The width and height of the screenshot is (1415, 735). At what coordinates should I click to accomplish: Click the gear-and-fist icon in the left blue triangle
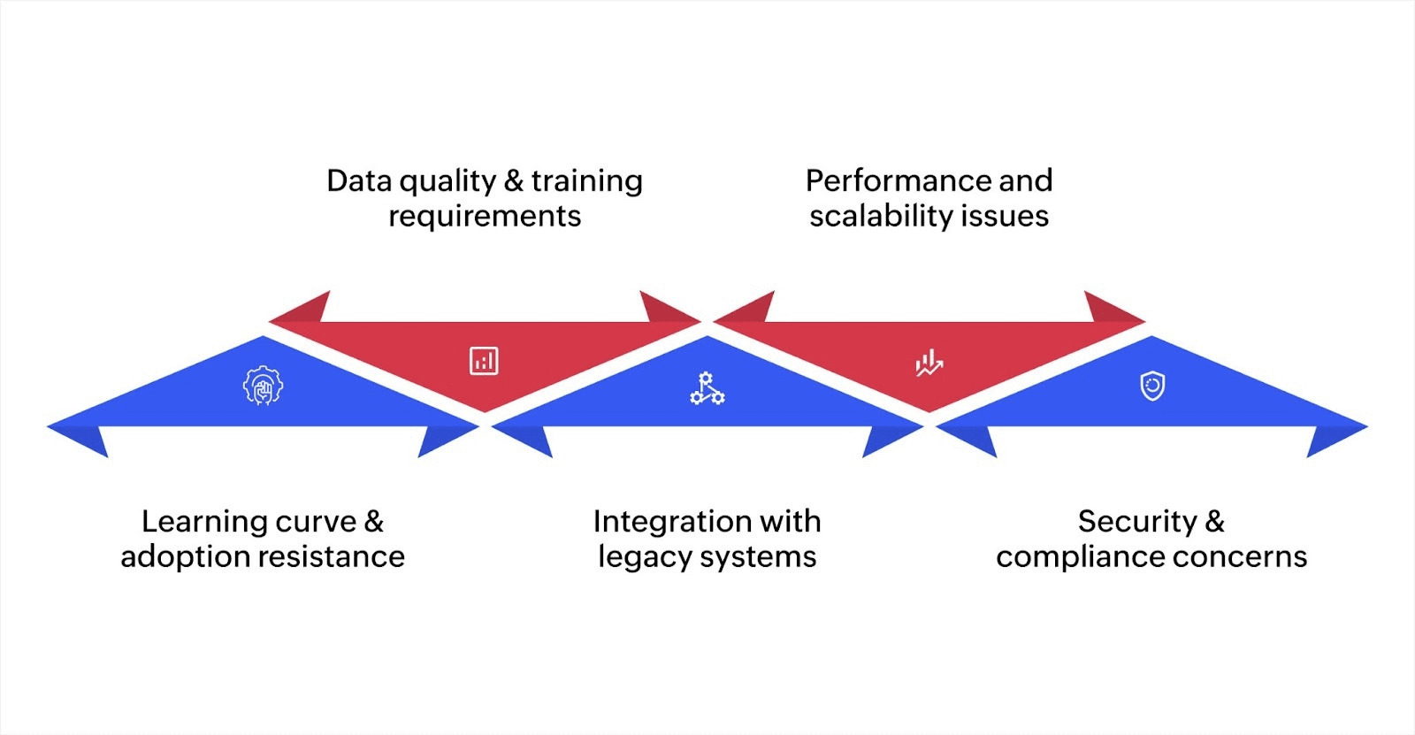[x=263, y=386]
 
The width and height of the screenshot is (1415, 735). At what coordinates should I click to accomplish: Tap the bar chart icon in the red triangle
[x=484, y=361]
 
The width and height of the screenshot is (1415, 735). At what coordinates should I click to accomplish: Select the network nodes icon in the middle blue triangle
[x=707, y=388]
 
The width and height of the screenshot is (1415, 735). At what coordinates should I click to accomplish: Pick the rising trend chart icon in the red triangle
[x=929, y=363]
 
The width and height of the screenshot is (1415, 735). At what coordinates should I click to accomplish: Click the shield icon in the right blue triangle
[x=1152, y=387]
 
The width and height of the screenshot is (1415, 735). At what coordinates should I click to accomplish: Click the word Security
[x=1136, y=522]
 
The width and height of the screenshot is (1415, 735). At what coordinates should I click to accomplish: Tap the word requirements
[x=485, y=217]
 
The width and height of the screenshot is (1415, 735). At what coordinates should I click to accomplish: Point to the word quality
[x=448, y=182]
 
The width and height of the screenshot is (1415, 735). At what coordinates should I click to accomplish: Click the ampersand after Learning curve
[x=374, y=522]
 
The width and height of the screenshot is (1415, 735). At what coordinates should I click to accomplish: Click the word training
[x=586, y=180]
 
